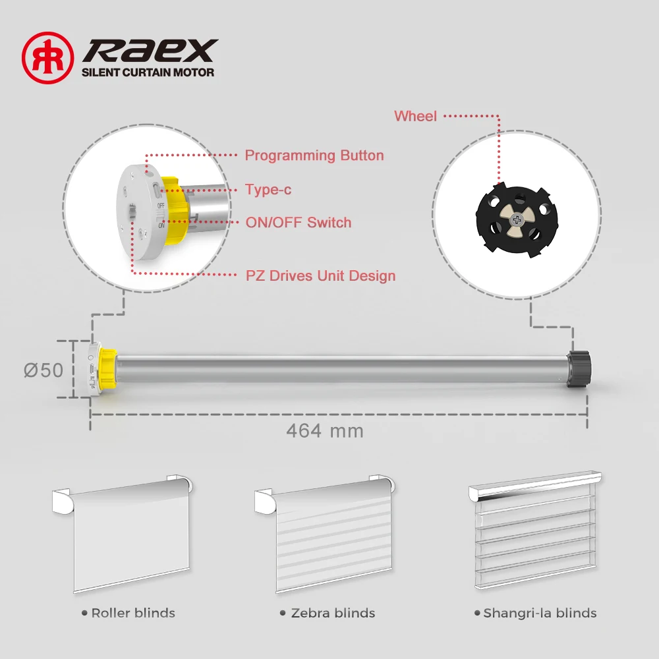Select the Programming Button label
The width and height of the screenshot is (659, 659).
tap(314, 156)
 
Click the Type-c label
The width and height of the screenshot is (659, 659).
tap(268, 190)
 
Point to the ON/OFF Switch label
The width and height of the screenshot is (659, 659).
tap(299, 223)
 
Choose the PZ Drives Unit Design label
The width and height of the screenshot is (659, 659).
tap(320, 275)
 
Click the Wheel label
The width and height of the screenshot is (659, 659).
tap(415, 116)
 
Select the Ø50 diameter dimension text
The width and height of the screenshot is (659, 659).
tap(43, 370)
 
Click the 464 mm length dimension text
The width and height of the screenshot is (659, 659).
tap(325, 431)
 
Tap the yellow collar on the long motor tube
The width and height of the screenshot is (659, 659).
tap(107, 369)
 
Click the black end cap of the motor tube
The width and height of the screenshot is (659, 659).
tap(579, 368)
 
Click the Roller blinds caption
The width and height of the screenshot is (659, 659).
tap(132, 613)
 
